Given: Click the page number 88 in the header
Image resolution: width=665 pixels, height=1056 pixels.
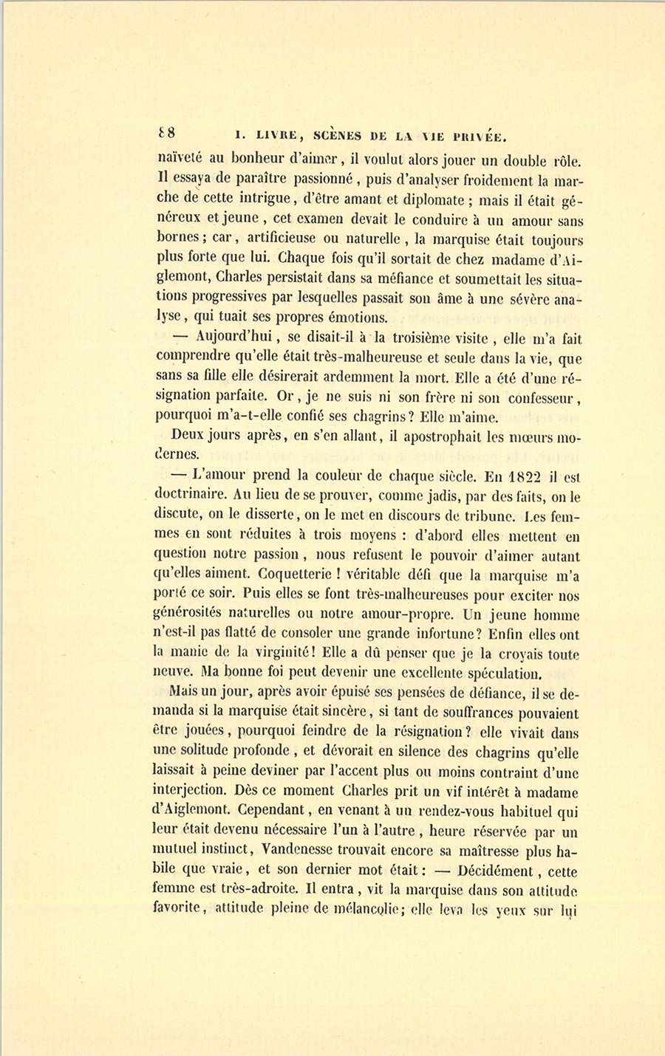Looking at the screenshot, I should (166, 133).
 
